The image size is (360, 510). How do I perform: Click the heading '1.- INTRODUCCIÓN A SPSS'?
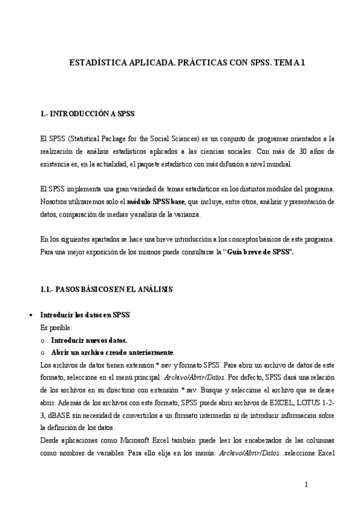87,112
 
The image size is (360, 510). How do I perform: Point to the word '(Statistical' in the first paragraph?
81,138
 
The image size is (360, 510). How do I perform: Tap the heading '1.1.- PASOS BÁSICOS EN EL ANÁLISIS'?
106,289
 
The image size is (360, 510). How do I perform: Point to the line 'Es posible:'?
56,327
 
